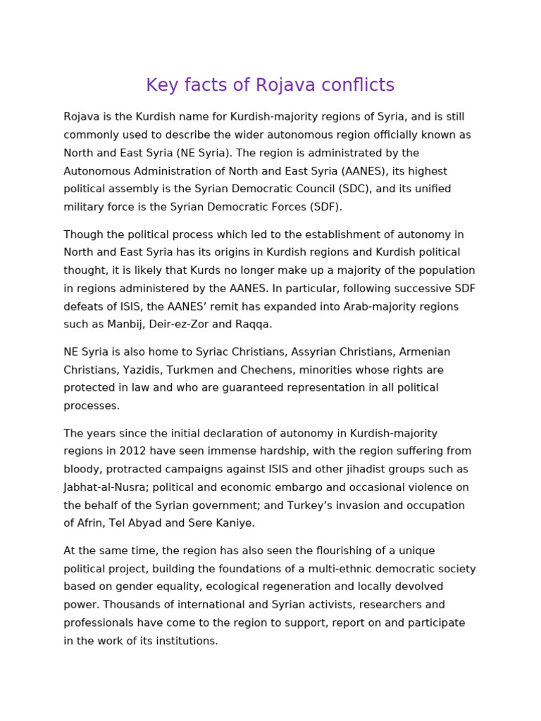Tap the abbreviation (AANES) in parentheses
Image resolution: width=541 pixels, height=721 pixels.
tap(362, 171)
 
